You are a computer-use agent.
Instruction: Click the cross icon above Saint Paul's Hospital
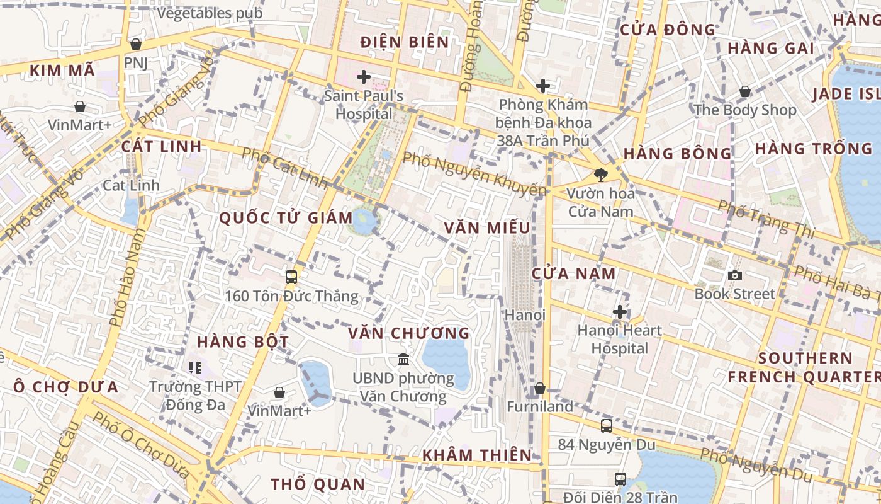[x=363, y=77]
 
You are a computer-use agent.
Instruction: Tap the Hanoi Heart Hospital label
[x=620, y=339]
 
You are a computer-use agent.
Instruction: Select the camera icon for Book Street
[x=734, y=275]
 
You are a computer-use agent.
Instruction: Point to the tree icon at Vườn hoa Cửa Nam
[x=600, y=175]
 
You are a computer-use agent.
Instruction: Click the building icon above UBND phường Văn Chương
[x=403, y=359]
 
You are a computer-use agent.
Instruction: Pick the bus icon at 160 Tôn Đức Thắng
[x=291, y=277]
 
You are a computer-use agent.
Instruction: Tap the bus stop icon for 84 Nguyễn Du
[x=606, y=426]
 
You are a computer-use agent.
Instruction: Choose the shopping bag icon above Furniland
[x=539, y=388]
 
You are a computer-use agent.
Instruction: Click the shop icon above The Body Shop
[x=744, y=92]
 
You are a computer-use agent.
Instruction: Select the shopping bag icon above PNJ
[x=135, y=44]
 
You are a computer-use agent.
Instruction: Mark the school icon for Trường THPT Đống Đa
[x=195, y=367]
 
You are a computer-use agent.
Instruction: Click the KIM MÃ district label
[x=62, y=71]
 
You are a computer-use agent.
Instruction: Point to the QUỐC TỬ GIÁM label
[x=286, y=218]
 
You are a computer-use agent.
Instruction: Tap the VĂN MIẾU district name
[x=487, y=227]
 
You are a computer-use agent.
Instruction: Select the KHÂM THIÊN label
[x=476, y=455]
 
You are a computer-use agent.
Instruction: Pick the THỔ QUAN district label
[x=318, y=484]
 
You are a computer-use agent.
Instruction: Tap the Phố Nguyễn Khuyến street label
[x=474, y=173]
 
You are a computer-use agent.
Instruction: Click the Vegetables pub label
[x=210, y=13]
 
